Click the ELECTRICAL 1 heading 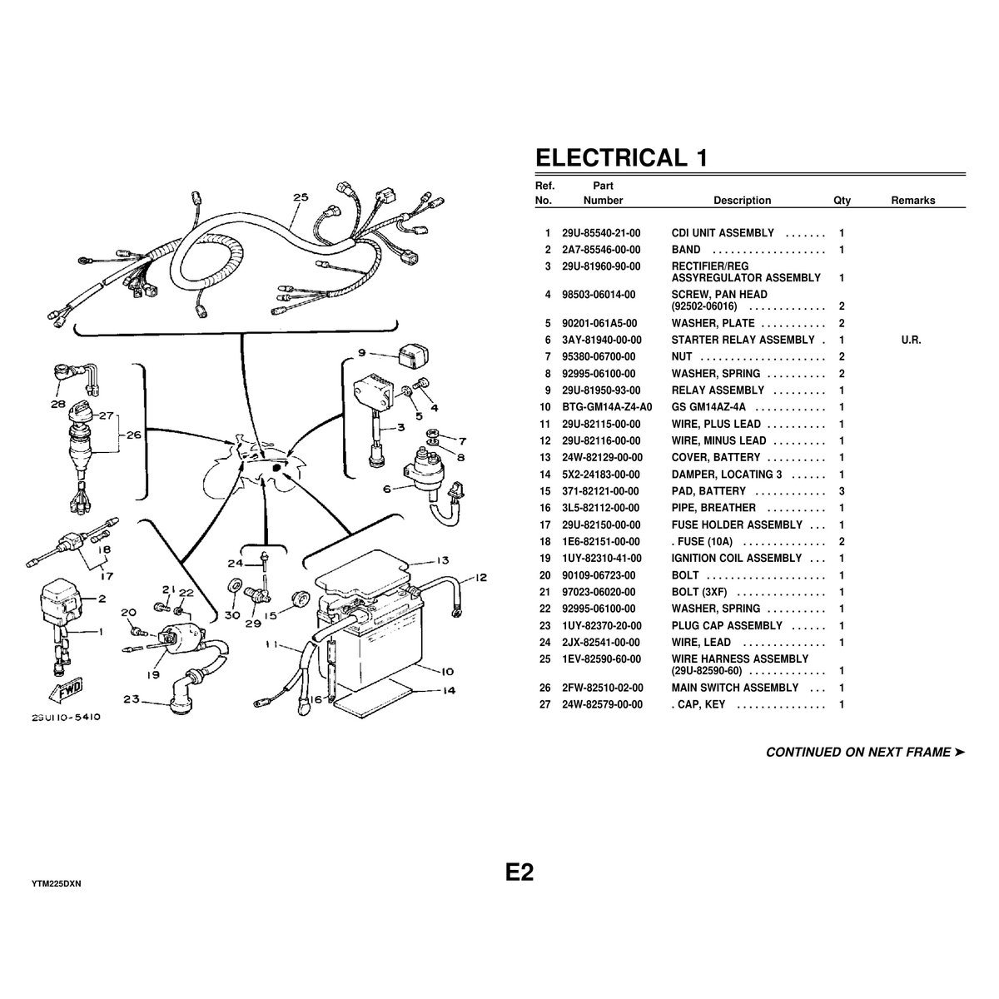[621, 157]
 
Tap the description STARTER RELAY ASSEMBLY [743, 340]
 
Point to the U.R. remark [911, 340]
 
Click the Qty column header [842, 201]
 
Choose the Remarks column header [912, 201]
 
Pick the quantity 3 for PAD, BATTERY [842, 491]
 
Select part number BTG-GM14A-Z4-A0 [605, 407]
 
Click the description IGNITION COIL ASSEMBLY [736, 559]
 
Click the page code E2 [519, 872]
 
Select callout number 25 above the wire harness [301, 197]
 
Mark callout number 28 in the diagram [57, 405]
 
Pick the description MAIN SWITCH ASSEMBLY [735, 688]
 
